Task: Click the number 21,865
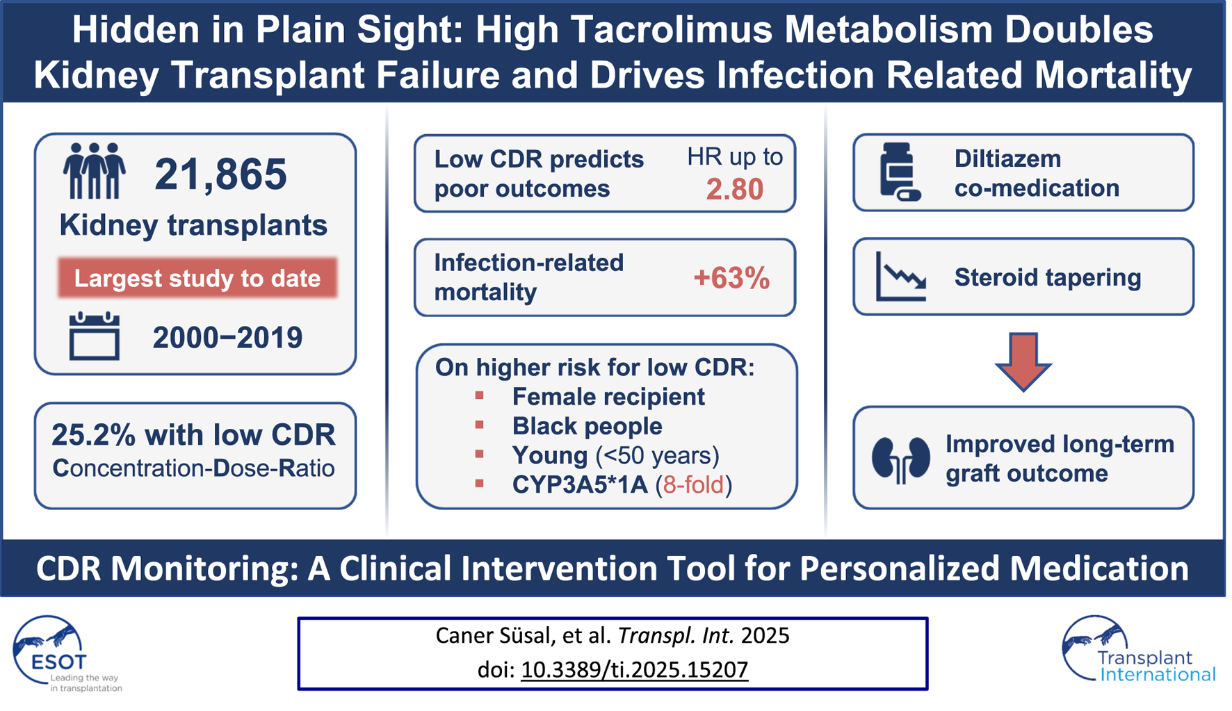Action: (220, 174)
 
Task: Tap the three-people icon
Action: (94, 171)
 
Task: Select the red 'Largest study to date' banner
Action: (197, 278)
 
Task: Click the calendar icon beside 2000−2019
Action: (94, 336)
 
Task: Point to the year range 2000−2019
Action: (227, 338)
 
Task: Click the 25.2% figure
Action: (93, 435)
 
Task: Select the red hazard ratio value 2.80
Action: (734, 189)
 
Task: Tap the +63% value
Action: (731, 278)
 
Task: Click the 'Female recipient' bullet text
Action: (608, 397)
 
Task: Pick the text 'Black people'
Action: (587, 426)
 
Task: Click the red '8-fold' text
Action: (693, 484)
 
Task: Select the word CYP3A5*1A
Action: (580, 484)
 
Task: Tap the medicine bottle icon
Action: (899, 172)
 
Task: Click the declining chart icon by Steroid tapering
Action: (900, 277)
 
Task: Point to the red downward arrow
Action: (1023, 361)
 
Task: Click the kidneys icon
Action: (900, 459)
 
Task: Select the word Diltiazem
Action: (1007, 158)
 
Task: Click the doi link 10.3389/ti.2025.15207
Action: (634, 669)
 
